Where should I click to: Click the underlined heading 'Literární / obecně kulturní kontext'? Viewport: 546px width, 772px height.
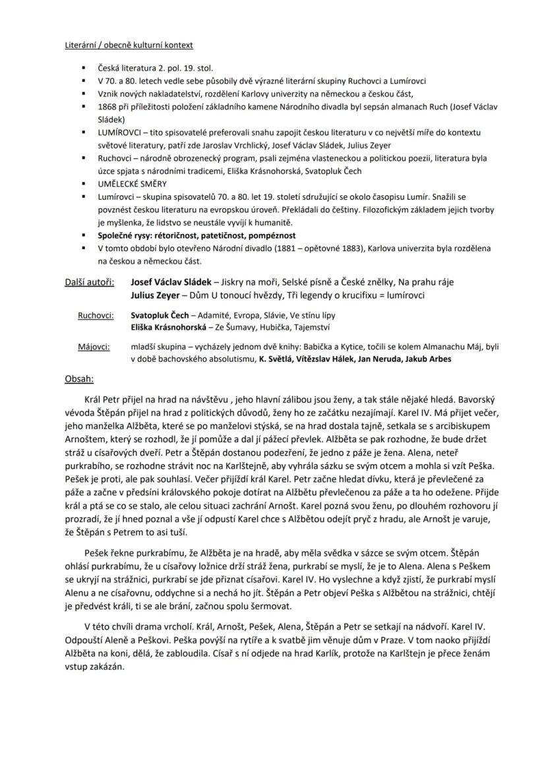pos(129,45)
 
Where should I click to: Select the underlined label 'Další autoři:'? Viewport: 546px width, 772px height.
pos(89,282)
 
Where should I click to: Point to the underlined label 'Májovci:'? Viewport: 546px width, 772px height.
pos(94,346)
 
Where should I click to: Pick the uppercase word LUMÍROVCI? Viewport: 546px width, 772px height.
pos(119,132)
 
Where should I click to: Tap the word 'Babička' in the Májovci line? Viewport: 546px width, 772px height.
pos(335,346)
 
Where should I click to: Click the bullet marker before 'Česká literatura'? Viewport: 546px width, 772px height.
pos(84,67)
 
